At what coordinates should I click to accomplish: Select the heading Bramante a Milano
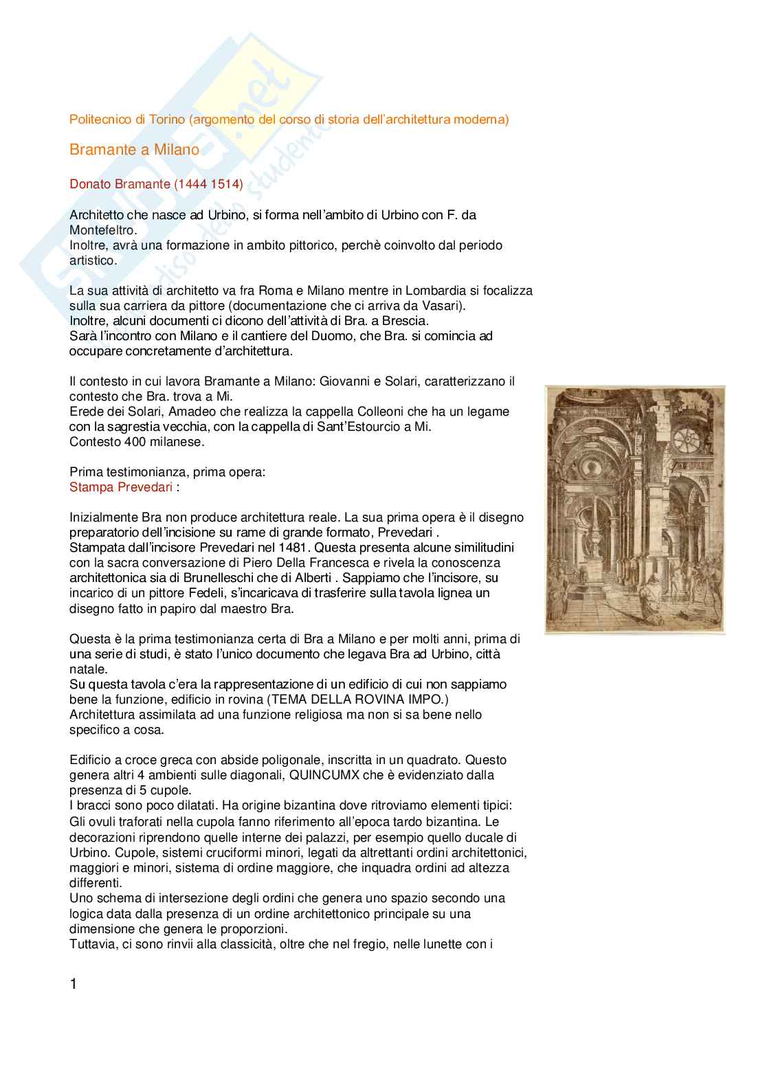coord(134,150)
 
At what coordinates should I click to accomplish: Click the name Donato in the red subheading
coord(90,184)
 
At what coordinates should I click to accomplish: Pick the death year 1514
coord(225,184)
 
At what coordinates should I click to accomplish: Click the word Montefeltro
coord(102,230)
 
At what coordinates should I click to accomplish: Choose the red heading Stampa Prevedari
coord(120,487)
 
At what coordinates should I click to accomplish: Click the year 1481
coord(293,548)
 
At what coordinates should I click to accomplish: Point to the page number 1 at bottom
coord(74,985)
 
